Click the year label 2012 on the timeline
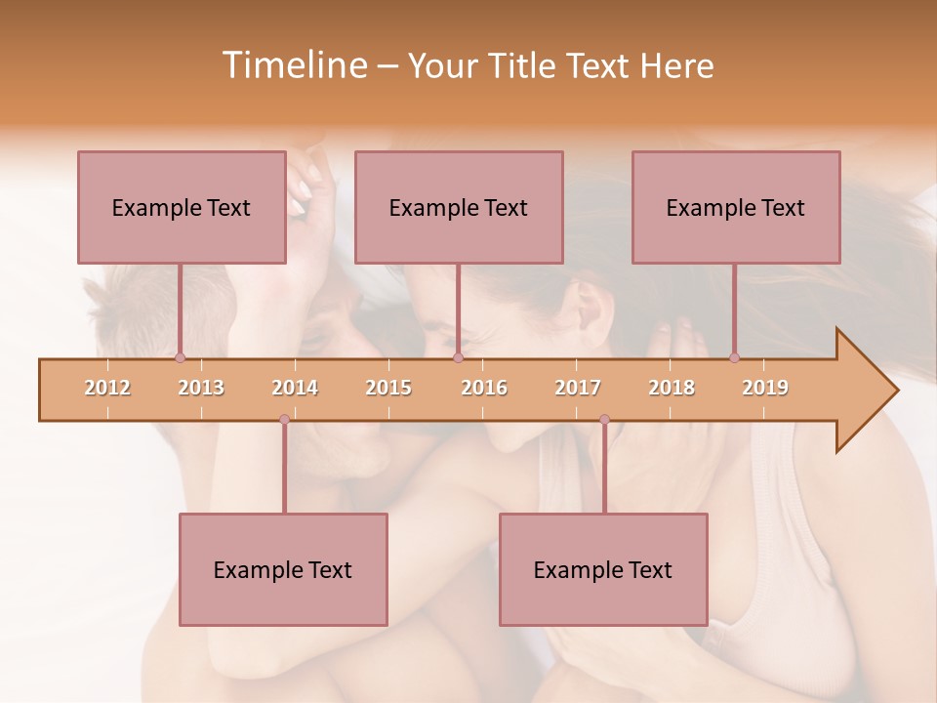click(107, 388)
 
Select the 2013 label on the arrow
click(201, 388)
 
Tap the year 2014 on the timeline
click(295, 388)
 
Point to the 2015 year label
click(388, 388)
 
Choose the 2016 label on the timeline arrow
click(484, 388)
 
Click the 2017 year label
click(578, 388)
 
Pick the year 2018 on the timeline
click(672, 388)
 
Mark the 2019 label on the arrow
click(765, 388)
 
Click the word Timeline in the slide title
click(293, 65)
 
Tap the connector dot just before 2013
click(181, 357)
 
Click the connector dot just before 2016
click(458, 357)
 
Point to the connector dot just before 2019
click(735, 357)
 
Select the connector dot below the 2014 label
click(284, 420)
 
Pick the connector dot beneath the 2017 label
click(604, 420)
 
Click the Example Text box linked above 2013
click(182, 207)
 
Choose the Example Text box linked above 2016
click(459, 207)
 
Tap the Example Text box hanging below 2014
click(283, 569)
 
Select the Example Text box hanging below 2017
click(603, 569)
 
